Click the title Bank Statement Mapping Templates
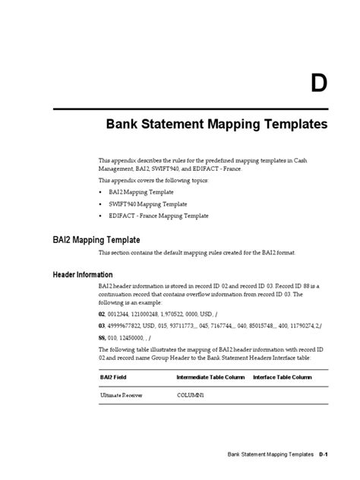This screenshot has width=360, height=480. [216, 123]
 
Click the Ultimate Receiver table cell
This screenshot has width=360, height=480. [122, 396]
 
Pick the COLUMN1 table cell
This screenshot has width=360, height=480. [190, 396]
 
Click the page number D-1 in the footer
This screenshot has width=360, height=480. [323, 454]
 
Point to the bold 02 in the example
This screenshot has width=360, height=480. [102, 312]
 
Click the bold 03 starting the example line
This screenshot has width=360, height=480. [102, 324]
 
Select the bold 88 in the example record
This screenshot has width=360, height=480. [102, 336]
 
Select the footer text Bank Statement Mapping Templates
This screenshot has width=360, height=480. [270, 454]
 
